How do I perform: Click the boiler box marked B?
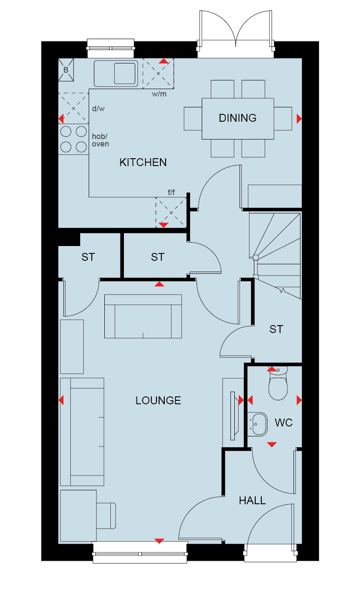point(66,70)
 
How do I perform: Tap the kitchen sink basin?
point(125,73)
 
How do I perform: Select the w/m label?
point(159,94)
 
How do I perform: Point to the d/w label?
point(98,109)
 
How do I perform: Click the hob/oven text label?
point(100,140)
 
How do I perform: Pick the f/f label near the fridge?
point(171,193)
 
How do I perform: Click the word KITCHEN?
point(143,162)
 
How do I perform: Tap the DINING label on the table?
point(238,118)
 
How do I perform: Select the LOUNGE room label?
point(158,400)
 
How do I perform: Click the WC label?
point(283,423)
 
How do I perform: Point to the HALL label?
point(252,500)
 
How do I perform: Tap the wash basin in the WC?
point(257,424)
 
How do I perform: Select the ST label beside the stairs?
point(276,329)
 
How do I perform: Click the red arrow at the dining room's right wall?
point(299,119)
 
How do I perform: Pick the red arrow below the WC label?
point(272,445)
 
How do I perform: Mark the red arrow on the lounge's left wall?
point(61,400)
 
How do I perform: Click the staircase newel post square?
point(256,257)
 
